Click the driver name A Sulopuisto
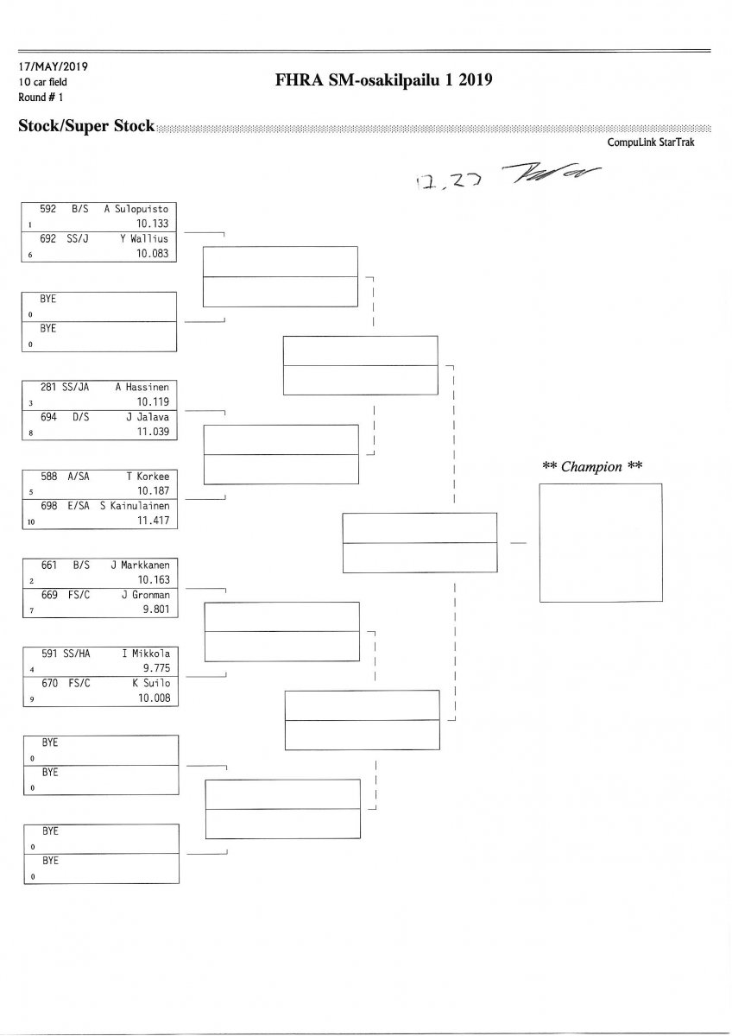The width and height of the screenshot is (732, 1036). pyautogui.click(x=142, y=209)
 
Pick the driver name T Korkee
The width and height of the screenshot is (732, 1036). pyautogui.click(x=148, y=476)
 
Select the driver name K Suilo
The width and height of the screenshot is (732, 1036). pyautogui.click(x=149, y=683)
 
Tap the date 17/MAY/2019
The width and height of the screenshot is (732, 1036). pyautogui.click(x=53, y=66)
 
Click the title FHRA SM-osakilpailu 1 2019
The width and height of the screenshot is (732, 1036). pyautogui.click(x=382, y=81)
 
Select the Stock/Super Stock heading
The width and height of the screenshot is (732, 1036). pyautogui.click(x=86, y=127)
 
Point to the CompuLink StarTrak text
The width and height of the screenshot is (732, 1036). pyautogui.click(x=651, y=143)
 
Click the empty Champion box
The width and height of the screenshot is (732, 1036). pyautogui.click(x=600, y=542)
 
